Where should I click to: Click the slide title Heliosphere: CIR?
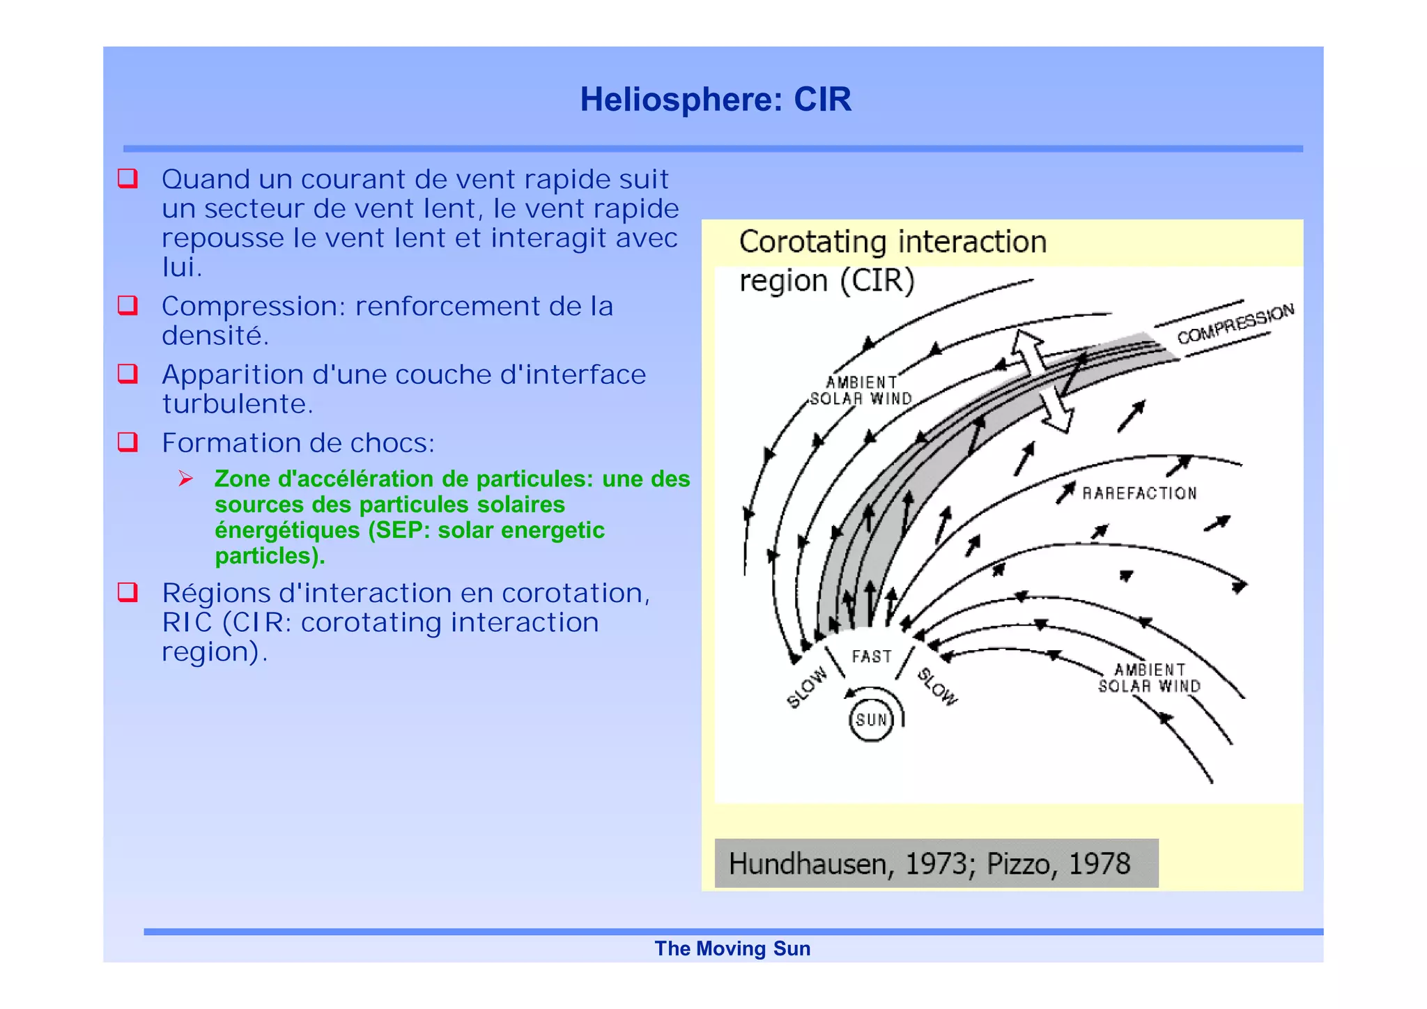click(716, 99)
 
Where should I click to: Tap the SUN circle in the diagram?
click(871, 720)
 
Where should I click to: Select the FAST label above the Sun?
click(871, 656)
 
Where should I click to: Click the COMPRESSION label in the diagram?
click(1235, 324)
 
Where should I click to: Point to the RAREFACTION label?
click(1139, 493)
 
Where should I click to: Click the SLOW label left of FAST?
click(808, 687)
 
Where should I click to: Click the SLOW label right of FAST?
click(937, 686)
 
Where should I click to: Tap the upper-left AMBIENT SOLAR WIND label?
click(861, 390)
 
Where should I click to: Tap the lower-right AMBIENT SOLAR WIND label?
click(1150, 678)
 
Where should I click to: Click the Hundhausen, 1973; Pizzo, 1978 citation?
click(930, 864)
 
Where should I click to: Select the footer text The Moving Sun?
click(732, 948)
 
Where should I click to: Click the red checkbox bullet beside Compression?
click(128, 305)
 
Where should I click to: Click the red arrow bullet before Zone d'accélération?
click(185, 478)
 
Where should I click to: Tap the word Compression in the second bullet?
click(253, 307)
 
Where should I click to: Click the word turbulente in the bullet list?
click(237, 404)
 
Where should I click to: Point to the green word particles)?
click(270, 556)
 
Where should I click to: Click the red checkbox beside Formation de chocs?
click(128, 442)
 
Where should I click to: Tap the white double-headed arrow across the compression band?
click(1042, 381)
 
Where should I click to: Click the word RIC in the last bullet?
click(187, 622)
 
